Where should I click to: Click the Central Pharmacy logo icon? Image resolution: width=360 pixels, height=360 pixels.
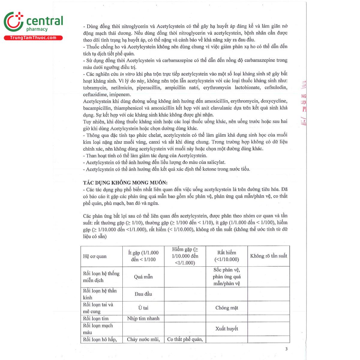pos(13,22)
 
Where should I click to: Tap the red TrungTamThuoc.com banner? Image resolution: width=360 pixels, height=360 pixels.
pos(33,38)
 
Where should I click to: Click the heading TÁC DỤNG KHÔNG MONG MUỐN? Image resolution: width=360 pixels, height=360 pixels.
pos(125,182)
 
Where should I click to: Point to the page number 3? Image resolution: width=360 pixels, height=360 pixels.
pos(286,349)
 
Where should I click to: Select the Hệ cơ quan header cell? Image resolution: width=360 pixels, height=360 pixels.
pos(95,256)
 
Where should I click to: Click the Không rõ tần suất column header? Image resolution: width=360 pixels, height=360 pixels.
pos(268,256)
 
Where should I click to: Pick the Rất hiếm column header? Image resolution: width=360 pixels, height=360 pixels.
pos(226,256)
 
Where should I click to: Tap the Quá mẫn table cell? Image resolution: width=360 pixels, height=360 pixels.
pos(143,277)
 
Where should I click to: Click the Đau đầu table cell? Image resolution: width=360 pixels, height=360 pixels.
pos(143,294)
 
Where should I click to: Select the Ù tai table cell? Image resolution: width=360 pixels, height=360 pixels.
pos(143,308)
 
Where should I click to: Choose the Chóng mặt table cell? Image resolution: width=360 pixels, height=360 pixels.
pos(226,308)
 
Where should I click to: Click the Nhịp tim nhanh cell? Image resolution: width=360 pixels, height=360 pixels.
pos(143,318)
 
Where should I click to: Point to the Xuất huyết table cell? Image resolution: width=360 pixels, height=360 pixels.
pos(226,328)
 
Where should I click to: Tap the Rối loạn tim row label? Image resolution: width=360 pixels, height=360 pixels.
pos(96,318)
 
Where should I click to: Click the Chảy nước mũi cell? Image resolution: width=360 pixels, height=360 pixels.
pos(143,339)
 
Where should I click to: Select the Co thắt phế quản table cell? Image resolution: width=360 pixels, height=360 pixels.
pos(185,339)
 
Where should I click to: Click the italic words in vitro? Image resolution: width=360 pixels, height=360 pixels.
pos(127,74)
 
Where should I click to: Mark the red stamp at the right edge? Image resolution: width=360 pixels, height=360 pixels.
pos(304,102)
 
